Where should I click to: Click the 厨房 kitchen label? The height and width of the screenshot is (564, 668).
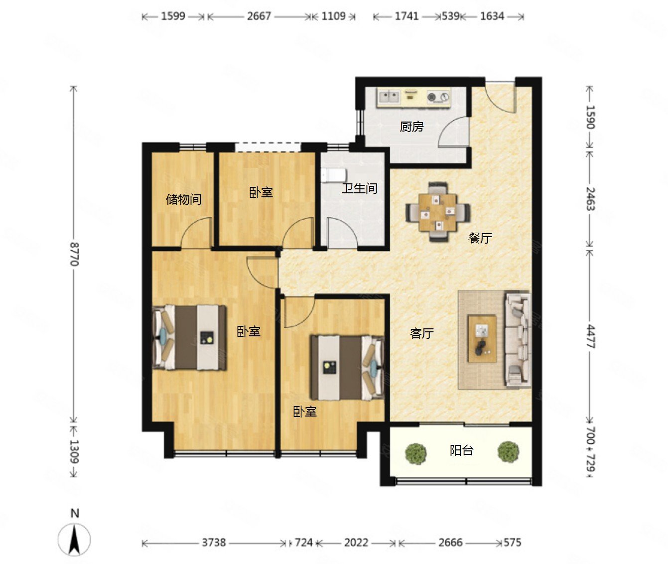(x=411, y=127)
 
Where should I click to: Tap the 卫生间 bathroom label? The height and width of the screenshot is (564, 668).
(x=360, y=188)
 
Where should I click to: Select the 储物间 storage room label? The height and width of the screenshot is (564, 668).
(x=184, y=199)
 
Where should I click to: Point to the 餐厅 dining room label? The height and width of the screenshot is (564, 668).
(x=480, y=238)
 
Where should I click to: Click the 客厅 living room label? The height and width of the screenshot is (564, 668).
(x=421, y=333)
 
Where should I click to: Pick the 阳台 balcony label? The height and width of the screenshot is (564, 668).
(x=462, y=450)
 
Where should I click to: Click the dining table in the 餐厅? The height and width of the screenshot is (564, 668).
(x=438, y=212)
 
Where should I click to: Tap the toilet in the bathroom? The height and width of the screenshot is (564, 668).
(x=334, y=175)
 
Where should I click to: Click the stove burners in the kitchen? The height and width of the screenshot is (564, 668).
(x=438, y=97)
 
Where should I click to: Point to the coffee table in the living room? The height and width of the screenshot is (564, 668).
(x=482, y=339)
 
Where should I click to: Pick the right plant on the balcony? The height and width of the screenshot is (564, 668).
(x=509, y=451)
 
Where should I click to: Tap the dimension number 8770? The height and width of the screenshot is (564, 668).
(x=74, y=254)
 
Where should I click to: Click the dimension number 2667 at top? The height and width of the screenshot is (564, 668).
(x=259, y=16)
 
